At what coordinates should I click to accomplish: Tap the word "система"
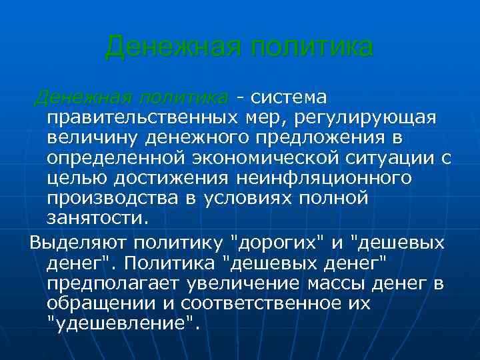(287, 98)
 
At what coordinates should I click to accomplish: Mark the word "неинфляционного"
(323, 179)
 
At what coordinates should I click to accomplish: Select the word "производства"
(111, 199)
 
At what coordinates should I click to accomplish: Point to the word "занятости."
(100, 219)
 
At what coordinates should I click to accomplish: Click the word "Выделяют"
(79, 241)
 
